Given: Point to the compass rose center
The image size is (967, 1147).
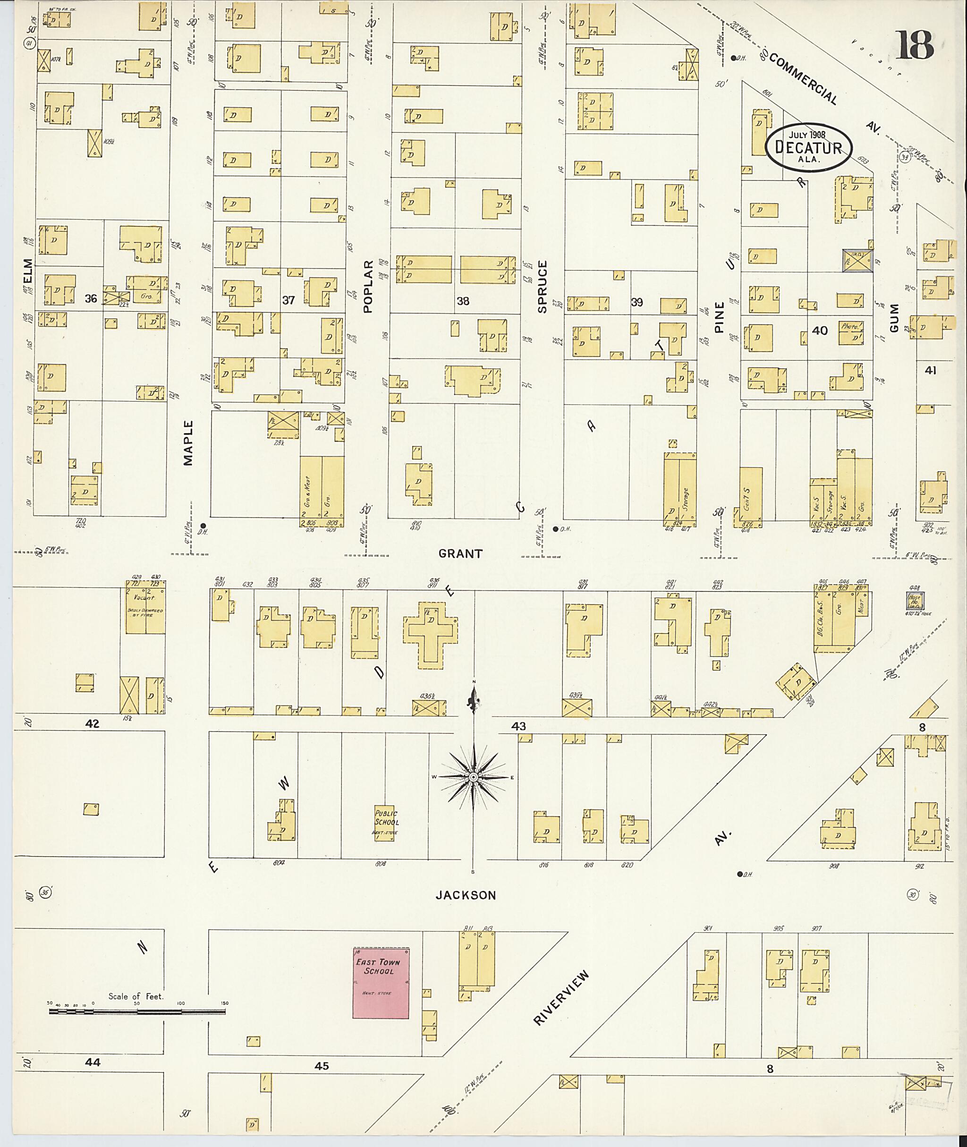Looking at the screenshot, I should [x=474, y=777].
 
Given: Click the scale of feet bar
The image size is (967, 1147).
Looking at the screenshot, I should [x=136, y=1011].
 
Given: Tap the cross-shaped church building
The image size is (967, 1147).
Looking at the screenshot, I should [x=431, y=634].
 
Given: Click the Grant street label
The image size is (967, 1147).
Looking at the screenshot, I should [x=460, y=554].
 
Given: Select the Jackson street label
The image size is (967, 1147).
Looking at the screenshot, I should [x=466, y=895].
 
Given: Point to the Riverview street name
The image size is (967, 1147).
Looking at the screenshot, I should [x=561, y=998].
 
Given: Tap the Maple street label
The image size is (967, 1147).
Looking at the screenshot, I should [x=188, y=443].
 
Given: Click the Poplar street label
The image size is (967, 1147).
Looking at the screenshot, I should [x=368, y=286].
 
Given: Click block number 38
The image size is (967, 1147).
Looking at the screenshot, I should [x=463, y=300].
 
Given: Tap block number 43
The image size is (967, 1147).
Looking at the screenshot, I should [x=518, y=726].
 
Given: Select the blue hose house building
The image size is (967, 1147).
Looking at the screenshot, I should [x=914, y=602].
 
